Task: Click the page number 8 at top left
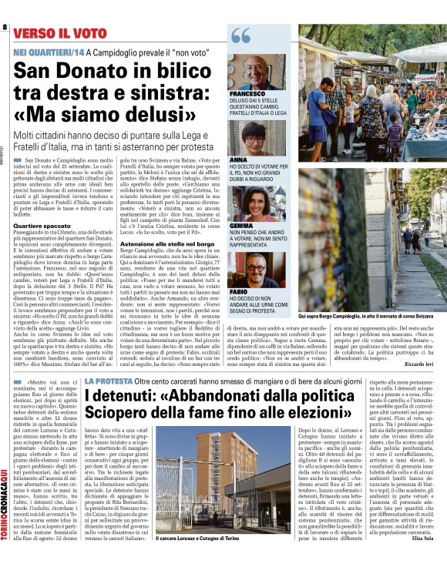tap(4, 29)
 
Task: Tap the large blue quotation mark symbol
tap(240, 37)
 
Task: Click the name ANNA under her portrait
tap(237, 160)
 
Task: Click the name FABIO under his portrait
tap(239, 293)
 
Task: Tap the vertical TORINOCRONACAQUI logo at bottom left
tap(5, 509)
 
